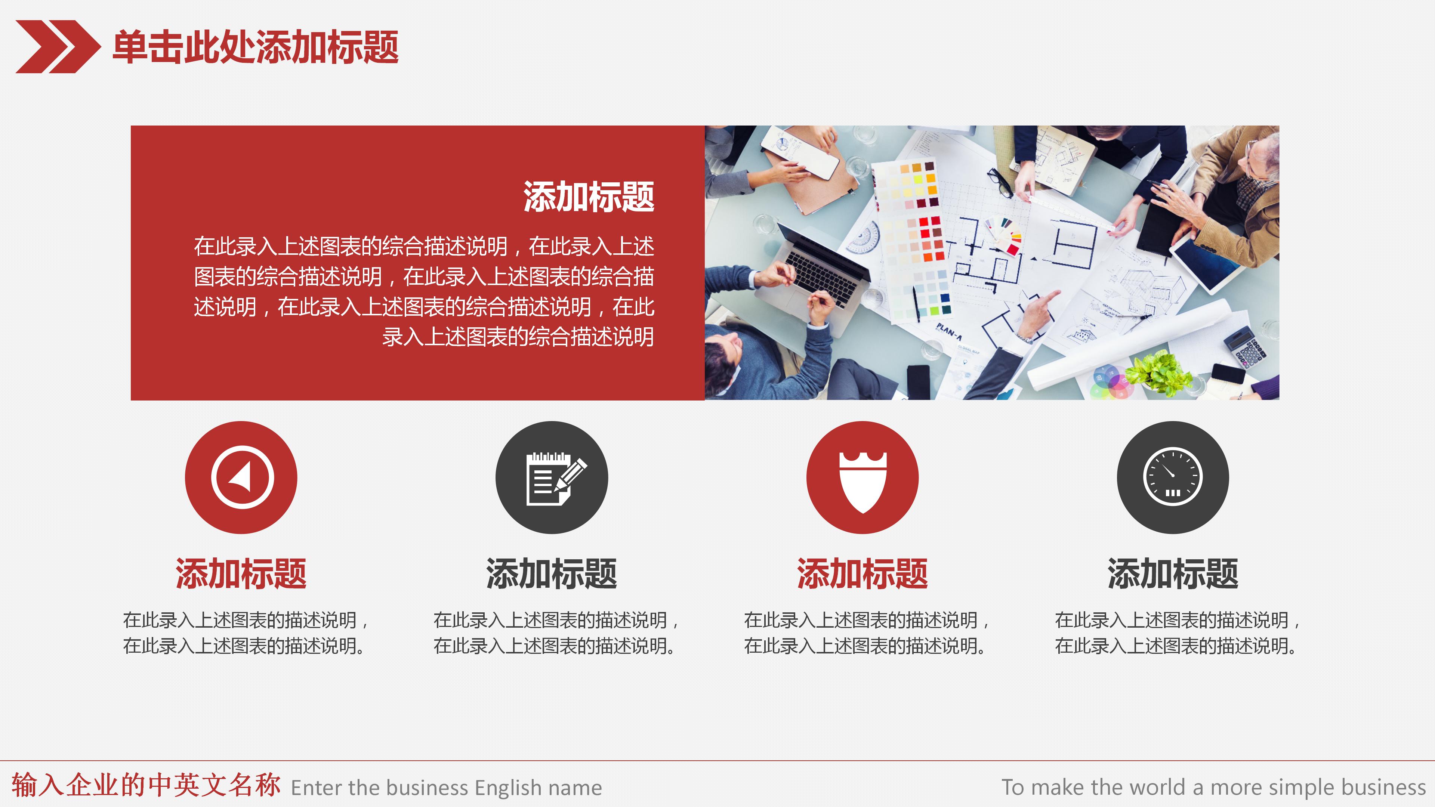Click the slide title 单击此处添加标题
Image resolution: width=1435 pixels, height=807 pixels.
click(x=255, y=48)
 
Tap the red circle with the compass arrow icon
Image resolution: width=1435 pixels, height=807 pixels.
click(x=241, y=477)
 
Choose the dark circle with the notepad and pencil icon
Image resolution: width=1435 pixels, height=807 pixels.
click(x=552, y=477)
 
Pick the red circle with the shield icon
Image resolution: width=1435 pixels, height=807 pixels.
click(x=862, y=477)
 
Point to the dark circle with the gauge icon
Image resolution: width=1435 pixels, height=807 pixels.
click(x=1173, y=477)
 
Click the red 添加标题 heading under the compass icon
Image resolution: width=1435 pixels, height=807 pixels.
click(x=241, y=573)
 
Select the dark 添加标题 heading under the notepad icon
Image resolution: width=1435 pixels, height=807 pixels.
click(x=552, y=573)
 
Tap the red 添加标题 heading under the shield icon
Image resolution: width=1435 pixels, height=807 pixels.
click(x=862, y=573)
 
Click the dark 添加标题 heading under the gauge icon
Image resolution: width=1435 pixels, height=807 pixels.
click(x=1173, y=573)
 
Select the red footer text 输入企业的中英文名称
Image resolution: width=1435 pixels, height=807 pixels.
click(x=146, y=785)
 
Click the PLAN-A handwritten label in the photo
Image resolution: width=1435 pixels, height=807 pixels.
click(x=949, y=331)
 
